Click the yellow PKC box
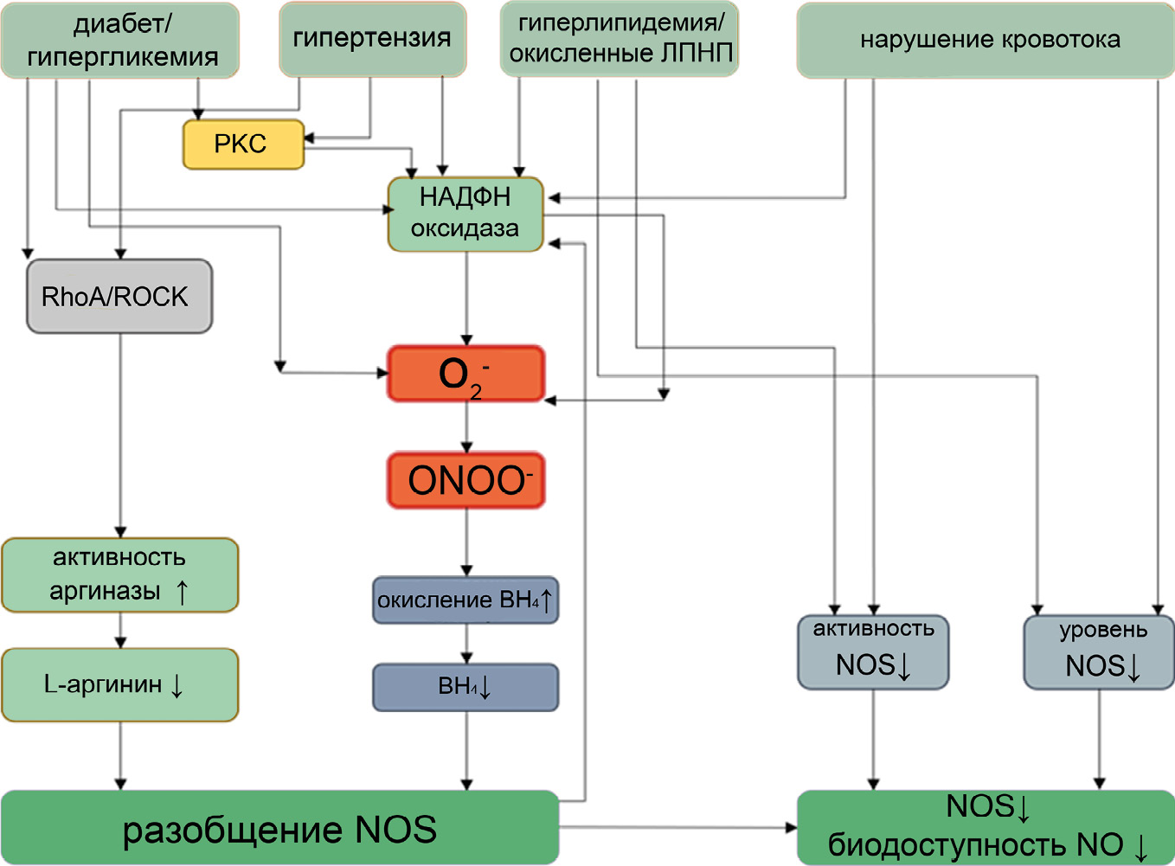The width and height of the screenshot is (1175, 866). pyautogui.click(x=243, y=144)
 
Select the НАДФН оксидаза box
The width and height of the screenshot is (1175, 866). pyautogui.click(x=466, y=214)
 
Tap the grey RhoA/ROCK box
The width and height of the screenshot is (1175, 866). pyautogui.click(x=119, y=297)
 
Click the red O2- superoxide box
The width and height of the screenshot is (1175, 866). pyautogui.click(x=466, y=374)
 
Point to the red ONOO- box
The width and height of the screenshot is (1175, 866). pyautogui.click(x=466, y=480)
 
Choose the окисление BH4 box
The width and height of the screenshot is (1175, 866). pyautogui.click(x=466, y=600)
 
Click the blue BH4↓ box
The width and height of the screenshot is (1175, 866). pyautogui.click(x=466, y=688)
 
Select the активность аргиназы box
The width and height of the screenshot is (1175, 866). pyautogui.click(x=119, y=575)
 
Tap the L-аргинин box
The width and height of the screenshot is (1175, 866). pyautogui.click(x=119, y=685)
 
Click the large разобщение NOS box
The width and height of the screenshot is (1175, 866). pyautogui.click(x=279, y=828)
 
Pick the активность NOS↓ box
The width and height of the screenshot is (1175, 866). pyautogui.click(x=873, y=652)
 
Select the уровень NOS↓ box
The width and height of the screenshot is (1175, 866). pyautogui.click(x=1099, y=652)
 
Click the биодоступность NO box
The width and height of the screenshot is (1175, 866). pyautogui.click(x=986, y=828)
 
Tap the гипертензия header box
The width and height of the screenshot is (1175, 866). pyautogui.click(x=372, y=39)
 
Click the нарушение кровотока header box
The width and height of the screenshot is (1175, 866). pyautogui.click(x=986, y=40)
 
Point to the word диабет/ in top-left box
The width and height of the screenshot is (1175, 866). pyautogui.click(x=122, y=24)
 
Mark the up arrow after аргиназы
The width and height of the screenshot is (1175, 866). pyautogui.click(x=182, y=592)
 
